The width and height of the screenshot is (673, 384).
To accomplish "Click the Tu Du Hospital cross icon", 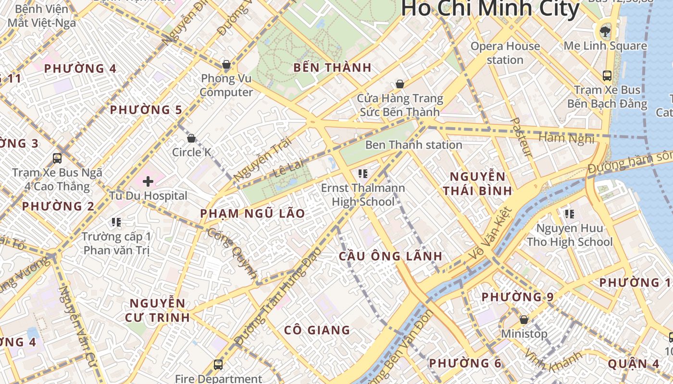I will [148, 181].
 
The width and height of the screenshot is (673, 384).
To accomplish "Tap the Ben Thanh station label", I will [413, 144].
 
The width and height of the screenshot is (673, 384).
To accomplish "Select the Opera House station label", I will [505, 53].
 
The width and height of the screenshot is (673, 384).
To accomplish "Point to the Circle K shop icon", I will [191, 138].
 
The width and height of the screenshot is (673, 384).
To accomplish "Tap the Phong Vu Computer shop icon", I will [226, 64].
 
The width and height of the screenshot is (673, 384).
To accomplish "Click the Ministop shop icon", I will [524, 319].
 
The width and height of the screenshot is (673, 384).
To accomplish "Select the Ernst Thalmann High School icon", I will [363, 173].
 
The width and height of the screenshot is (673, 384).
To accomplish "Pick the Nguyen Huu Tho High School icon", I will [570, 214].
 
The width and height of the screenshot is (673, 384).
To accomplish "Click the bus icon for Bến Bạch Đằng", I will [607, 75].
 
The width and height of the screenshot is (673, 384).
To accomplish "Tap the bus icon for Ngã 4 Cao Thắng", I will [57, 158].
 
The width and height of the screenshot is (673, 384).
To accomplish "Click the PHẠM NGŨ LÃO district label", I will [252, 214].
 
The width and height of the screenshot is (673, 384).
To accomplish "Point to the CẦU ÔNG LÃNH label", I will [390, 256].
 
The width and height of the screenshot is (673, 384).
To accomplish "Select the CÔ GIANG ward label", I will [317, 330].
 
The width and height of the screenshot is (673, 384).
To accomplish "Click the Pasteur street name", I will [522, 137].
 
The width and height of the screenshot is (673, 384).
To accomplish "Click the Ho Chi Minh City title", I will [490, 9].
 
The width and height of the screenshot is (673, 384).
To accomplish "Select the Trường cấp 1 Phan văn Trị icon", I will [116, 222].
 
